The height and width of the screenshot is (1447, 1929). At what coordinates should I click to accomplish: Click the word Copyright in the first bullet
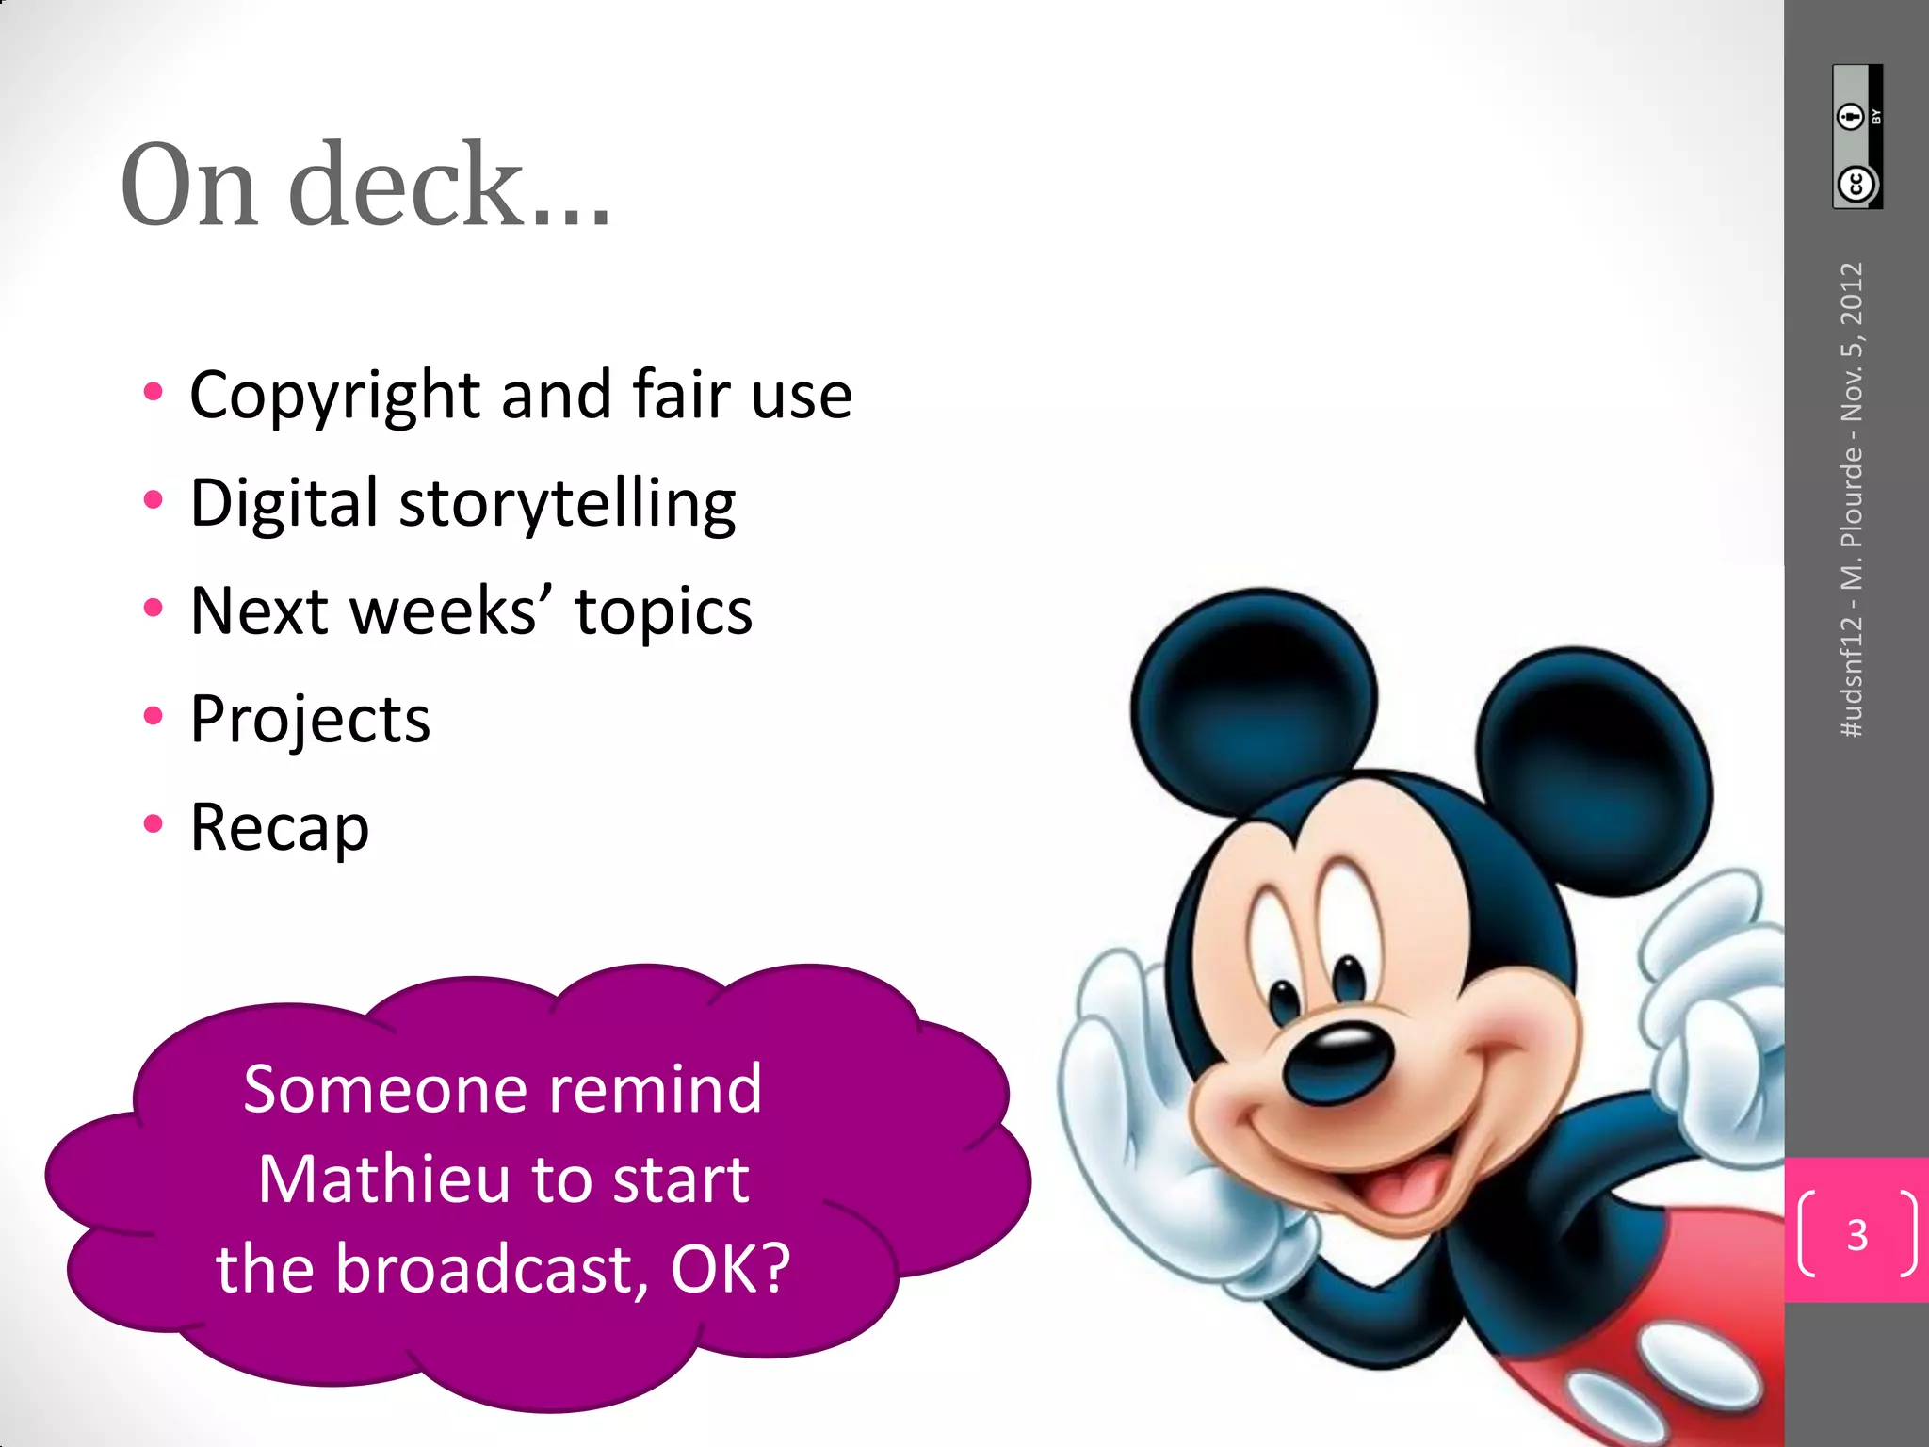tap(336, 396)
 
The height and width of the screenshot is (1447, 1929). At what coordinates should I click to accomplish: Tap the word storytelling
tap(567, 504)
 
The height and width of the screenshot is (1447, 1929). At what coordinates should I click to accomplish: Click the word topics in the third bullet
tap(663, 611)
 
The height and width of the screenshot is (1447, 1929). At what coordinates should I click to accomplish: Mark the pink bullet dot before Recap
tap(153, 824)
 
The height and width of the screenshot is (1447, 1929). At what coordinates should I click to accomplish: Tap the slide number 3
tap(1856, 1234)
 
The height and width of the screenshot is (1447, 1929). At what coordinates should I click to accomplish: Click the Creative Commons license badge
tap(1856, 137)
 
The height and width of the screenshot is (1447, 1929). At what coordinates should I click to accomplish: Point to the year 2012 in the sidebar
tap(1852, 294)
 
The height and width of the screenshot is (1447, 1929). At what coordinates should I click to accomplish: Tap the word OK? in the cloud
tap(730, 1268)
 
